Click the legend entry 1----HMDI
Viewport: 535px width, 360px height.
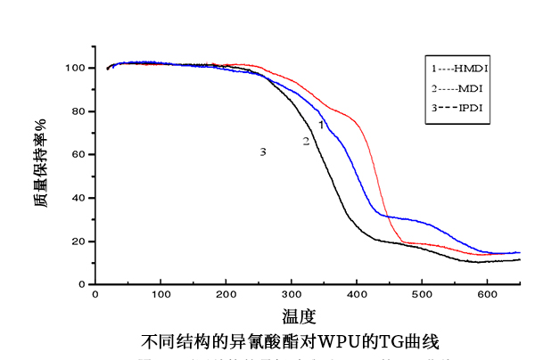[x=460, y=68]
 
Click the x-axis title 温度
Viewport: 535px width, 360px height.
[x=298, y=316]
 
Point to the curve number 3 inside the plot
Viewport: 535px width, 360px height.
[x=263, y=152]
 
